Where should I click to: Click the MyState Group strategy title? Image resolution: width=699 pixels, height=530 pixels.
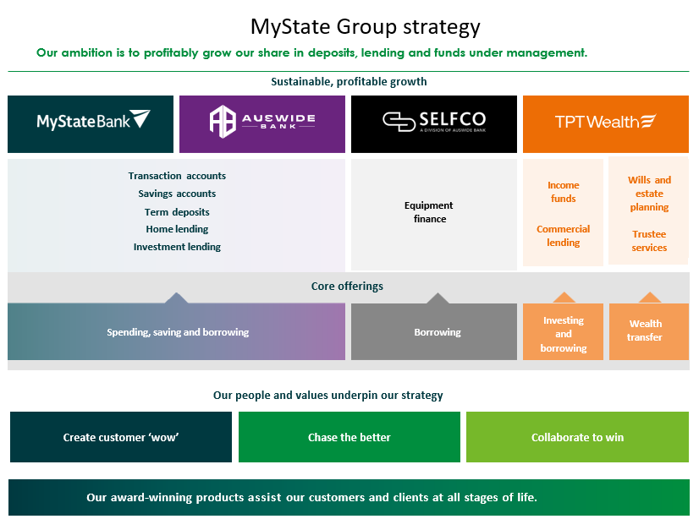[365, 27]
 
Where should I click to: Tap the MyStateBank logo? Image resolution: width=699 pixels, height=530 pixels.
[91, 122]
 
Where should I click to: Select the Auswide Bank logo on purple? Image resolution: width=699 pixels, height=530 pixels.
[262, 122]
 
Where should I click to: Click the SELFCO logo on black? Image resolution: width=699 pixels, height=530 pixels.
[433, 122]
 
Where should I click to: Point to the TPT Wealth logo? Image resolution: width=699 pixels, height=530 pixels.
[605, 122]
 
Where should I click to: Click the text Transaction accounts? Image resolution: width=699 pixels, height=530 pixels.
[177, 176]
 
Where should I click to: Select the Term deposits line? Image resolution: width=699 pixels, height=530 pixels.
[177, 212]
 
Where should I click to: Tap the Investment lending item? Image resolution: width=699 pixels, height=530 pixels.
[177, 248]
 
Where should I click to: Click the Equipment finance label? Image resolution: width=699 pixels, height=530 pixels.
[429, 212]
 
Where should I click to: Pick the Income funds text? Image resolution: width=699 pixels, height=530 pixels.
[563, 192]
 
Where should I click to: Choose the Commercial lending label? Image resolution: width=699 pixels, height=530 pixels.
[563, 236]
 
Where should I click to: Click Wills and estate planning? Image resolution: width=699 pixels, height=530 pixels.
[649, 194]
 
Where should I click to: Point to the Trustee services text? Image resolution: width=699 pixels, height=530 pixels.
[649, 241]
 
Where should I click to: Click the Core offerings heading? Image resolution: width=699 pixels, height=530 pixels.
[347, 287]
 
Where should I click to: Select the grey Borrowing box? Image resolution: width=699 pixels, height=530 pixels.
[437, 332]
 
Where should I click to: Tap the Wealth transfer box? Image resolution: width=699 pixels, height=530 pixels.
[646, 331]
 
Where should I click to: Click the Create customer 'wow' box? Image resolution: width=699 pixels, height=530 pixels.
[121, 437]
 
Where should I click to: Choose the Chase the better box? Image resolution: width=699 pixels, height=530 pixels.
[349, 437]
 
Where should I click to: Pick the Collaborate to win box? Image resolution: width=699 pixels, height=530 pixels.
[577, 437]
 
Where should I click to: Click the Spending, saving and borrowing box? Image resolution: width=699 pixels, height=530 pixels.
[178, 332]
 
